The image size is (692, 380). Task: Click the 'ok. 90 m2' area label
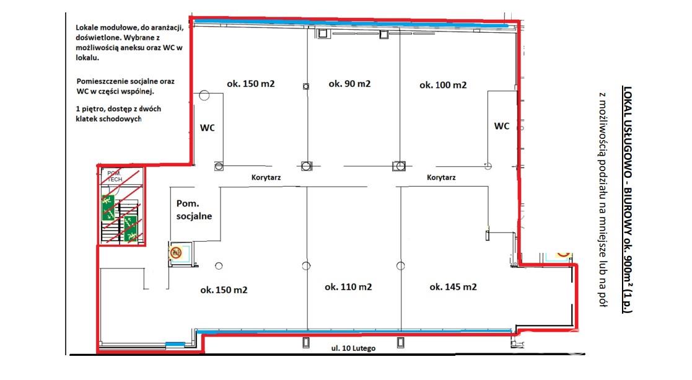(x=349, y=84)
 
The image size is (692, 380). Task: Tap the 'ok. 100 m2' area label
(x=443, y=85)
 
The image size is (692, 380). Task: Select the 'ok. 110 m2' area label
(x=348, y=287)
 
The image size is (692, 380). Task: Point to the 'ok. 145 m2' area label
(x=453, y=287)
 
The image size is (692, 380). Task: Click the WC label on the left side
(x=208, y=128)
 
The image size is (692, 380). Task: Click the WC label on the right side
(x=502, y=126)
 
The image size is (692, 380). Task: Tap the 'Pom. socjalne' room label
(x=194, y=210)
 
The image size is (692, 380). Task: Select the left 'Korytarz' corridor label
(x=266, y=177)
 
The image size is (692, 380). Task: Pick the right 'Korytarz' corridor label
(x=441, y=177)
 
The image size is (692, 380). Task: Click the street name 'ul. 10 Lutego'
(x=354, y=348)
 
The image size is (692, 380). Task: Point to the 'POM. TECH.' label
(x=115, y=177)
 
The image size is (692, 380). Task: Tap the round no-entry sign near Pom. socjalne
(x=176, y=252)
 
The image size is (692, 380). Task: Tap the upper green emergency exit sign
(x=108, y=208)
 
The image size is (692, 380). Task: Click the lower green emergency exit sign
(x=130, y=228)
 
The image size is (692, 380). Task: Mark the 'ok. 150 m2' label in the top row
(x=251, y=84)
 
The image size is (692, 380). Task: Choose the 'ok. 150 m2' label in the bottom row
(x=224, y=290)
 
